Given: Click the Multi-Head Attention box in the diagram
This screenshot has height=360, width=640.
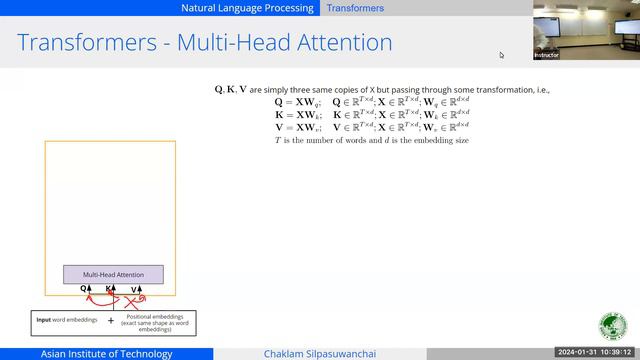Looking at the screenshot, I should [113, 274].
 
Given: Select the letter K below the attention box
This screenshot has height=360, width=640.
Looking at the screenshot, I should [109, 289].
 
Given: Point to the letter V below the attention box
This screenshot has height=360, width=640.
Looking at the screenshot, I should [134, 289].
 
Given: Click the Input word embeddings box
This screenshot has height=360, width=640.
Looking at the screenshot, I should [64, 322].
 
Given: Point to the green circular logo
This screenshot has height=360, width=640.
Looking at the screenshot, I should [612, 327].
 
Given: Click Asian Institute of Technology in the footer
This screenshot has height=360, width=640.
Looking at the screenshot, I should [104, 354].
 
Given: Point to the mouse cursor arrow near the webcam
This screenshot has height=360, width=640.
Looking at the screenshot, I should [502, 55].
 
